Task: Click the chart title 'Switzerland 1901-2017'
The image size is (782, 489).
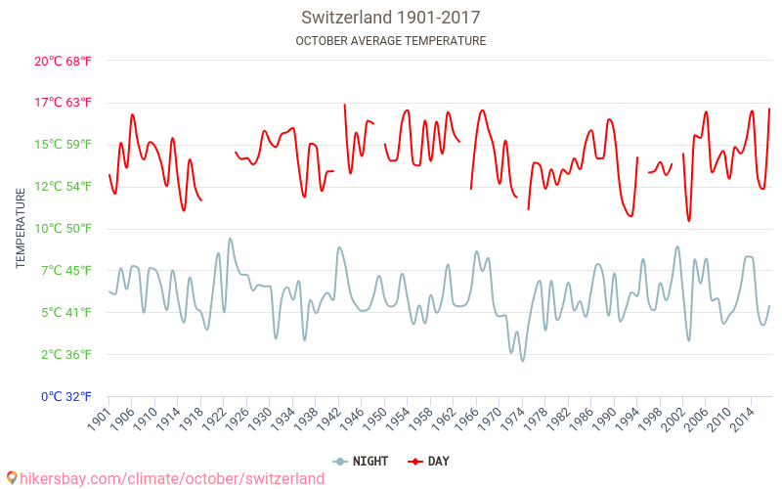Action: [390, 18]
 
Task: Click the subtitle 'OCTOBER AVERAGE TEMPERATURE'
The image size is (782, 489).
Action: [390, 41]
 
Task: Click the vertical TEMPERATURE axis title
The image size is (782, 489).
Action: [21, 229]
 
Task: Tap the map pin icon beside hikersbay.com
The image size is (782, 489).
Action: [12, 478]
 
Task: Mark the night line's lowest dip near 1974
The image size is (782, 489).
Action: [522, 361]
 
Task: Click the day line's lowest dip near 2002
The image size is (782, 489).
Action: [688, 221]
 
